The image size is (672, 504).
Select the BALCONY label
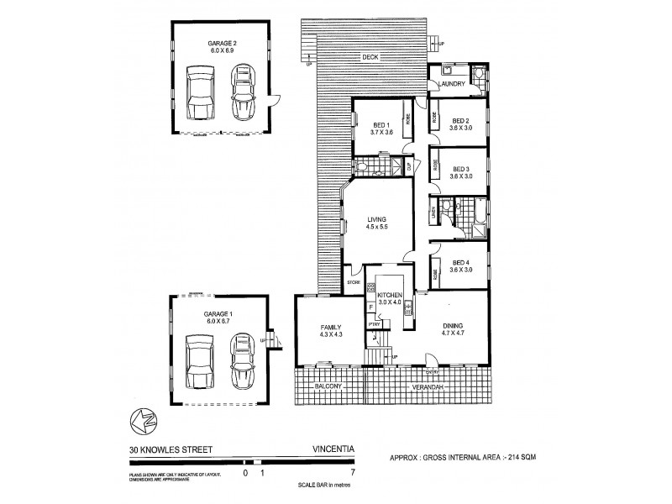coord(328,387)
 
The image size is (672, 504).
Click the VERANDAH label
coord(427,387)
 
